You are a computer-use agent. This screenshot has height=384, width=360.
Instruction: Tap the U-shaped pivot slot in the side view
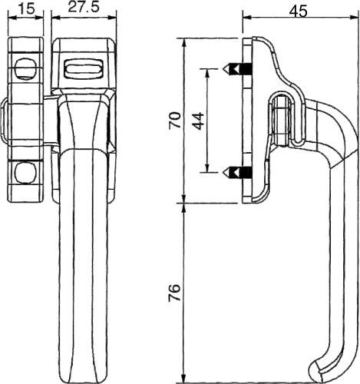(x=283, y=119)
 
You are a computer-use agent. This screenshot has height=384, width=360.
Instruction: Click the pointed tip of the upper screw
(x=227, y=69)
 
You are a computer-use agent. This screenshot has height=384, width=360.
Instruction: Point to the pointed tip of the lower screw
(x=227, y=170)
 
